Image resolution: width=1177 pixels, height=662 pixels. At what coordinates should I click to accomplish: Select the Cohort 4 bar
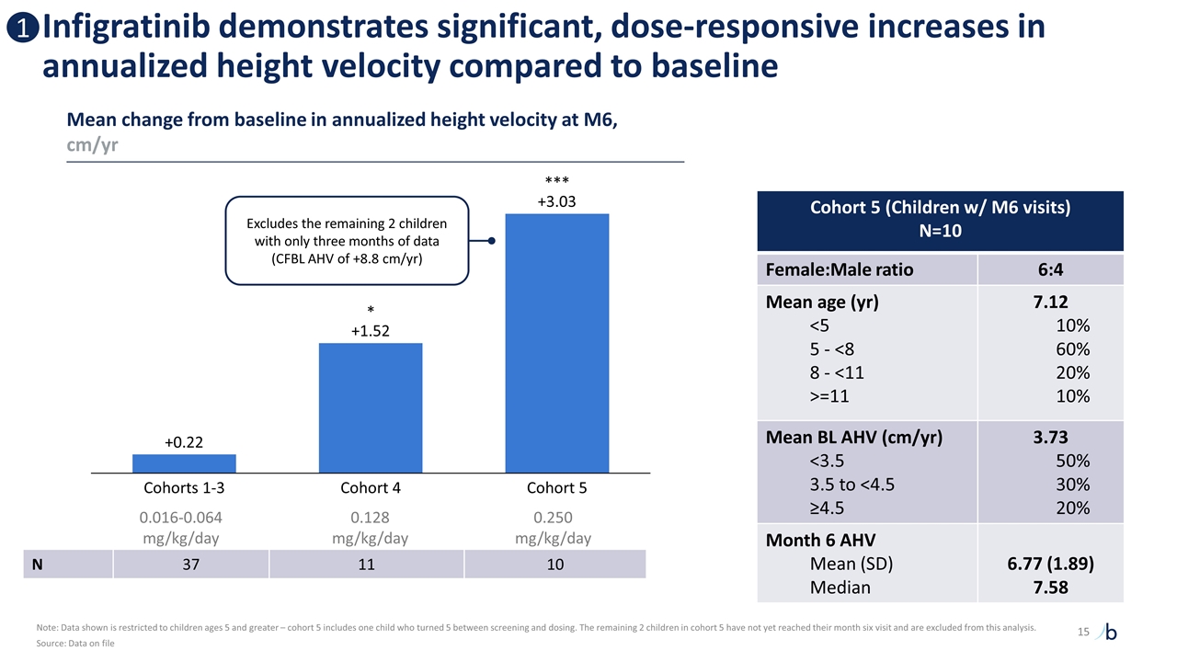[371, 407]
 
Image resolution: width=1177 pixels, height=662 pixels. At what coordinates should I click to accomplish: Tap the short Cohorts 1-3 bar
[184, 463]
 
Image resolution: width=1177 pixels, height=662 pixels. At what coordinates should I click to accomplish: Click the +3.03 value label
[556, 201]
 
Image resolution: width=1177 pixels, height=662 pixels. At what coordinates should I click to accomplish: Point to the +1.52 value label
[371, 330]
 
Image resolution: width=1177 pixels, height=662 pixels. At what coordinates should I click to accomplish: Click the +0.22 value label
[184, 442]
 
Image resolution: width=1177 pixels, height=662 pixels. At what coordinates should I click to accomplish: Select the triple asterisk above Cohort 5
[556, 181]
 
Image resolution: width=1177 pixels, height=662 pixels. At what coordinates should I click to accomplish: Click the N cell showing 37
[190, 565]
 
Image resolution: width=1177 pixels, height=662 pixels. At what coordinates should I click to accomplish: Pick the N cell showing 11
[366, 565]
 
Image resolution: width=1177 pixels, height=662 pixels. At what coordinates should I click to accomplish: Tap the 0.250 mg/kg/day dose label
[556, 528]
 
